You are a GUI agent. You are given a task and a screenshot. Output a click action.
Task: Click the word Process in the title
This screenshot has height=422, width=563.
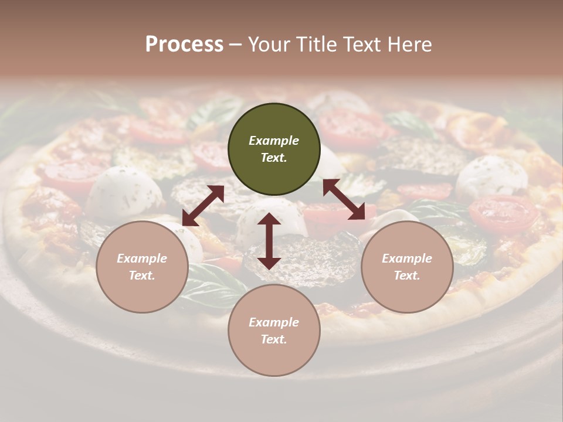pyautogui.click(x=184, y=45)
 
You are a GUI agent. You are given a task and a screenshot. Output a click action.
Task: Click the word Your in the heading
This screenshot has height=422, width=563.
pyautogui.click(x=268, y=45)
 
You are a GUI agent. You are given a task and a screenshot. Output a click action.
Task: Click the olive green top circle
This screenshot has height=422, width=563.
pyautogui.click(x=274, y=149)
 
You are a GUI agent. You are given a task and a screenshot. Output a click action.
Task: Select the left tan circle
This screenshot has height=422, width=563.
pyautogui.click(x=142, y=267)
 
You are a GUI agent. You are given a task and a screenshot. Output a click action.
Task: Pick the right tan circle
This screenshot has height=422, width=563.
pyautogui.click(x=407, y=267)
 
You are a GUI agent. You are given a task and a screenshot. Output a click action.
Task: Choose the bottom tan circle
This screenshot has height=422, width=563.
pyautogui.click(x=274, y=331)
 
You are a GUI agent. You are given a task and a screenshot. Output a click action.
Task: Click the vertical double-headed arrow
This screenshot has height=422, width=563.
pyautogui.click(x=269, y=241)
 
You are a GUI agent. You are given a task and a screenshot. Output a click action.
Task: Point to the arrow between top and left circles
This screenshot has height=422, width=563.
pyautogui.click(x=203, y=206)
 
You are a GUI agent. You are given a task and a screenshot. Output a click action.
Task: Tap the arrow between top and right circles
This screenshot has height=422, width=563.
pyautogui.click(x=344, y=199)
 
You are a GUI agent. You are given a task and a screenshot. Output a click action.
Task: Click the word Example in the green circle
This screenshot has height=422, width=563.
pyautogui.click(x=274, y=141)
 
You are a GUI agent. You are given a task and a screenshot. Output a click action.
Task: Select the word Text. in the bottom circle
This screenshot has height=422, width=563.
pyautogui.click(x=274, y=339)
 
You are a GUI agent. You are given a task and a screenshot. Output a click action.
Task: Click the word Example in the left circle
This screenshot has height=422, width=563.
pyautogui.click(x=142, y=258)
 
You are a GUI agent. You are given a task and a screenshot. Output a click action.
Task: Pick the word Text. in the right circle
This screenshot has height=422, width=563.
pyautogui.click(x=407, y=275)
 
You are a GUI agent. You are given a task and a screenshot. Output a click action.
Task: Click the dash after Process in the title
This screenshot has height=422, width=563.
pyautogui.click(x=236, y=45)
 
